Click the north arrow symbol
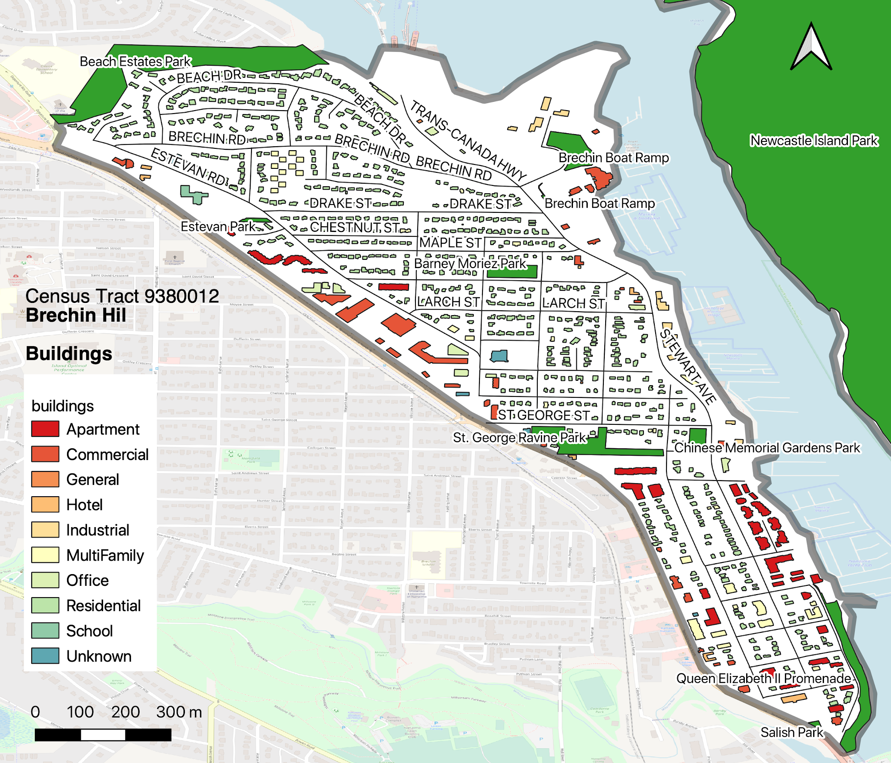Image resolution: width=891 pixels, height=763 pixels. pos(811,48)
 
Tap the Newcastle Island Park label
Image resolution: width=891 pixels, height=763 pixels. pos(814,141)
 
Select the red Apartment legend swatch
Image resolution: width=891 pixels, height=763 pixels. pos(45,429)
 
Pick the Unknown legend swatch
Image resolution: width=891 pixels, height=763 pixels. pos(45,655)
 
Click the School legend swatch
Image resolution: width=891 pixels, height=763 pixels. pos(45,630)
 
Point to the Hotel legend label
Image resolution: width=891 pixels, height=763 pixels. pos(84,505)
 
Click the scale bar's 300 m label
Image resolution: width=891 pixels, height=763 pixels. pos(179,712)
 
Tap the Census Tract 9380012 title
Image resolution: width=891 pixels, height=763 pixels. pos(122,296)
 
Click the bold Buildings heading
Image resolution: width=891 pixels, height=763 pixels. pos(69,353)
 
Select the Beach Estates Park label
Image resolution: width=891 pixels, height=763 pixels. pos(135,61)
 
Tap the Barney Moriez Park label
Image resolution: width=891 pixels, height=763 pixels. pos(470,263)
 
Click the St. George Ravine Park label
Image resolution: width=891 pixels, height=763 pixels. pos(519,437)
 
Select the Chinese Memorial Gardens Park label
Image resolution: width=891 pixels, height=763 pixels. pos(767,447)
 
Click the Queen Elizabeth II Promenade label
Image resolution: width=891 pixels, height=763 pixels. pos(764,679)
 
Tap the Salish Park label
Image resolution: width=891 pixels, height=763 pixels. pos(792,732)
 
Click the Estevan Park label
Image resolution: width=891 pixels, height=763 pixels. pos(218,226)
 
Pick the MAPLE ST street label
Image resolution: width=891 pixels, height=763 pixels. pos(450,242)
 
